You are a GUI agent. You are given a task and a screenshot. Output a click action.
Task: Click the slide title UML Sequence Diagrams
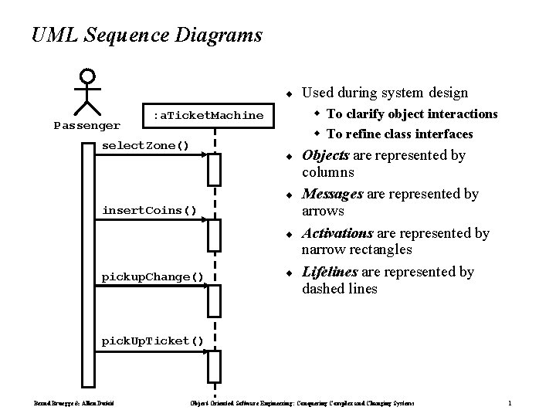click(x=147, y=36)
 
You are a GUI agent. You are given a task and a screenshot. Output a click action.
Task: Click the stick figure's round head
click(x=88, y=76)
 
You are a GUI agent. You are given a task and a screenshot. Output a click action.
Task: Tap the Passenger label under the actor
click(x=86, y=124)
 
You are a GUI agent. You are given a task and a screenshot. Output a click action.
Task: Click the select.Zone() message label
click(x=146, y=146)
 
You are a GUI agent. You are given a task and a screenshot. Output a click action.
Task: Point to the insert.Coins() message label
click(x=150, y=209)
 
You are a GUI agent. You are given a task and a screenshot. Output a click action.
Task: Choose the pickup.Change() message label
click(x=153, y=276)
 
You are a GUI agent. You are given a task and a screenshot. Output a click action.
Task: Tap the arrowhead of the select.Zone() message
click(x=205, y=157)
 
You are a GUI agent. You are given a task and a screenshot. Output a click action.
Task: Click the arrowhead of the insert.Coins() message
click(x=205, y=221)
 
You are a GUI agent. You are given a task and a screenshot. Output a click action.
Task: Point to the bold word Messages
click(x=331, y=194)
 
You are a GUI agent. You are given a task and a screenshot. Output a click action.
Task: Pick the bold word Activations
click(x=337, y=232)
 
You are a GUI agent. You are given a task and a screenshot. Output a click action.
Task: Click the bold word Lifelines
click(x=330, y=272)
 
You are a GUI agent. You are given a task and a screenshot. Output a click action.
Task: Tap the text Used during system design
click(x=385, y=93)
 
